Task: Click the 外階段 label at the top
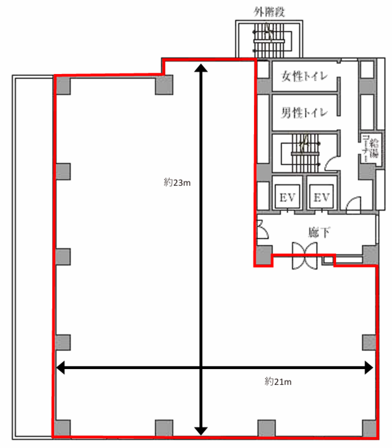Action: pos(269,12)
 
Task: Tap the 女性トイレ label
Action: pos(304,76)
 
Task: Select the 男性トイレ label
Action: pos(304,113)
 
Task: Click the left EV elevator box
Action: pos(287,197)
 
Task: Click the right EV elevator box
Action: pos(321,197)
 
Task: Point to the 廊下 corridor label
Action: pos(319,233)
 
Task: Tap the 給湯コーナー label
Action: pos(371,150)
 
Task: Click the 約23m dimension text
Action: pos(177,183)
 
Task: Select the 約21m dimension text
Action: pos(278,382)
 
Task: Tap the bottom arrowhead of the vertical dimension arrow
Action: pos(201,431)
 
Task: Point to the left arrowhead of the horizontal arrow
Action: pos(61,367)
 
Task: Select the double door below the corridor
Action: pos(304,256)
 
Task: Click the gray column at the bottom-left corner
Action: pos(62,428)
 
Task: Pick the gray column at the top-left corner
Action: pos(63,86)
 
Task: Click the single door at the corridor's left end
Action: pos(262,229)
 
